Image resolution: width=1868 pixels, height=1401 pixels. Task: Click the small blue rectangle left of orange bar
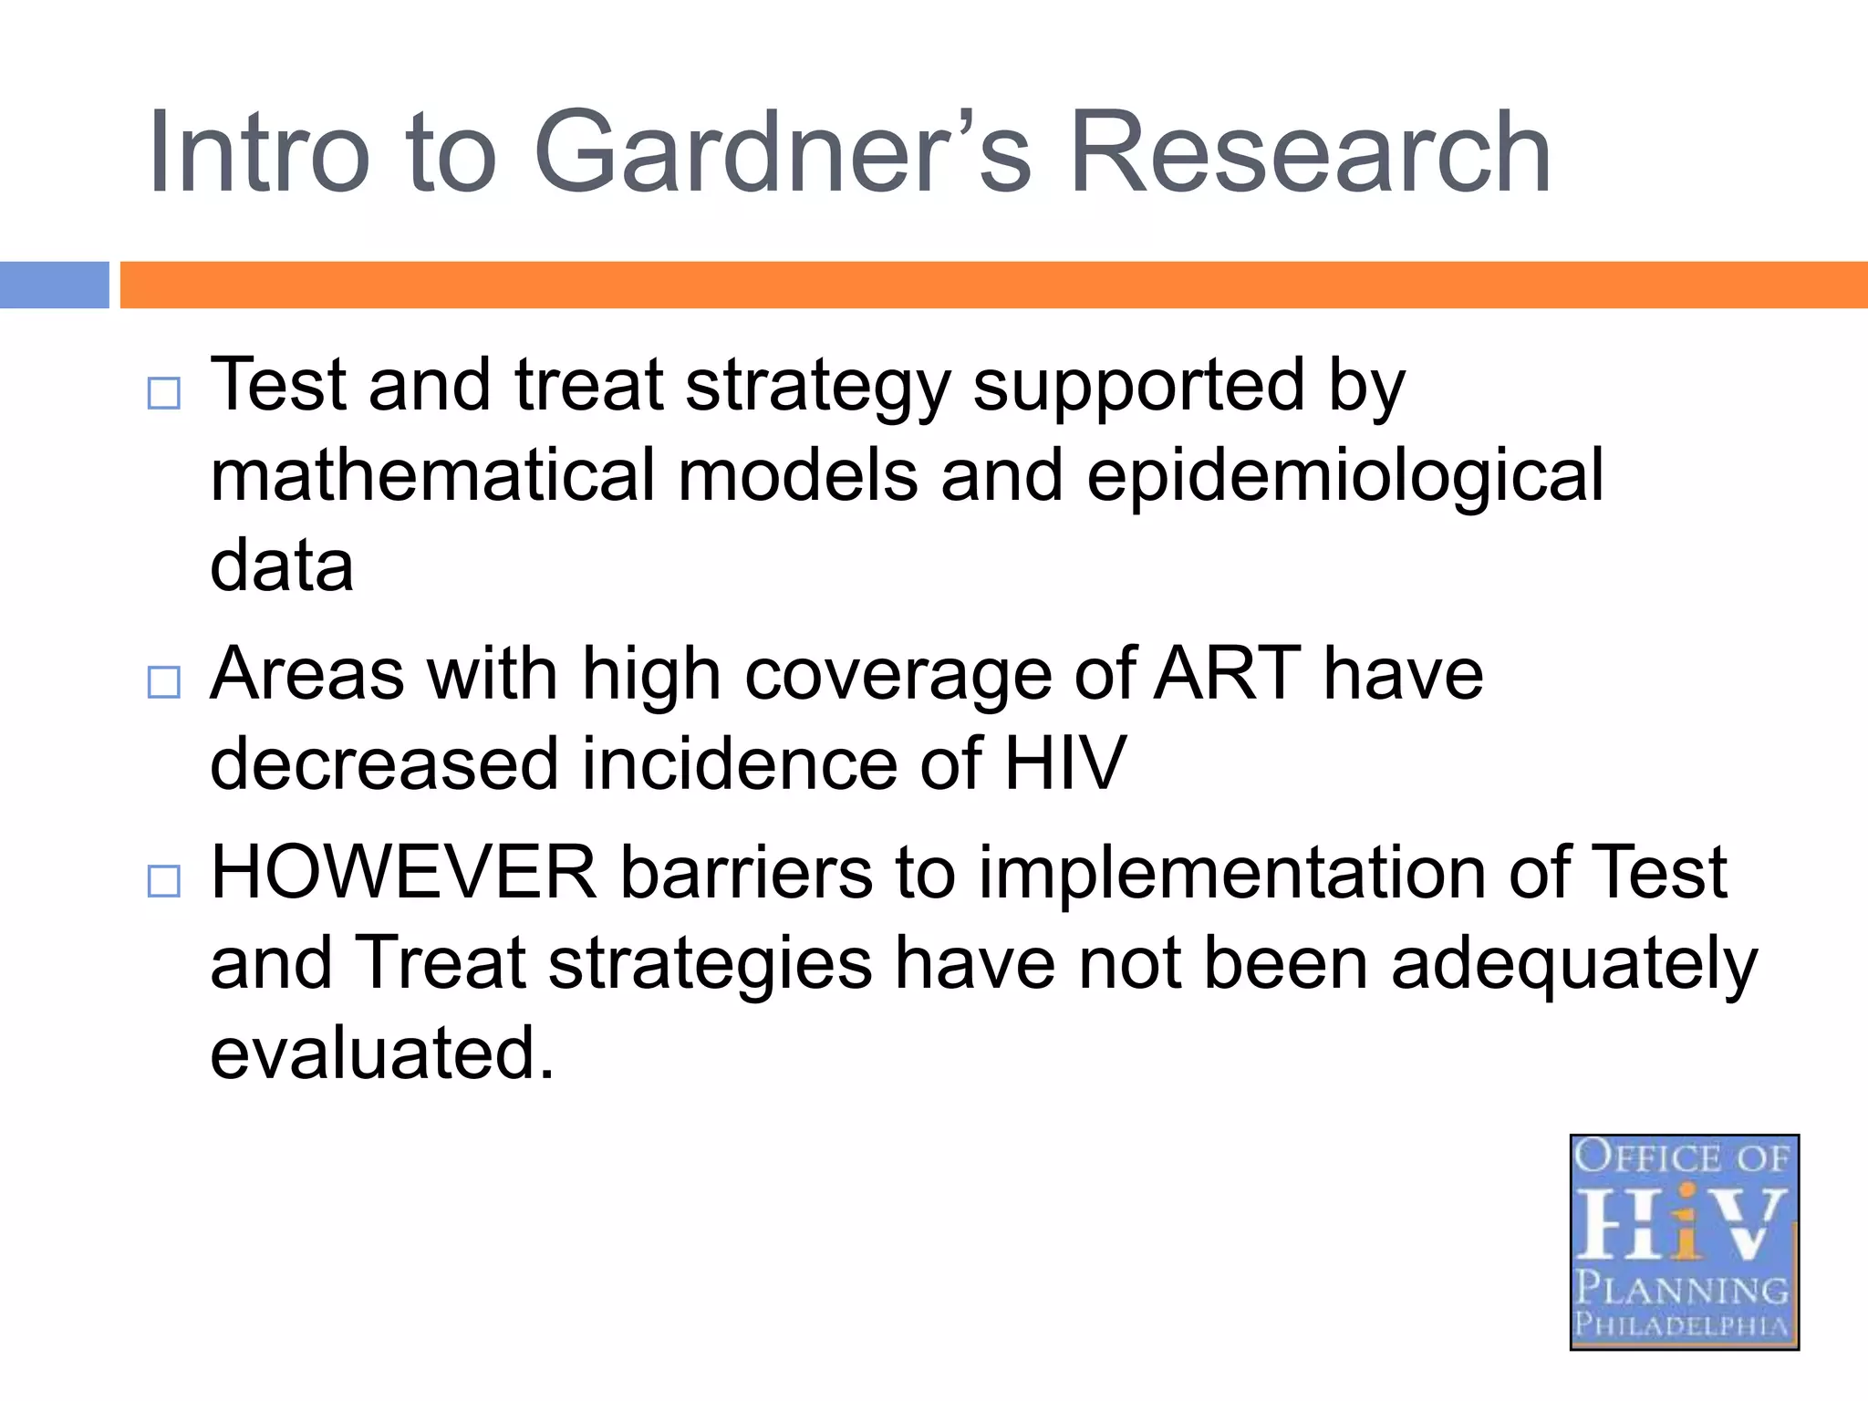(54, 285)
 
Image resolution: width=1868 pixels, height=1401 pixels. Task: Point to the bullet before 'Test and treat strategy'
(164, 394)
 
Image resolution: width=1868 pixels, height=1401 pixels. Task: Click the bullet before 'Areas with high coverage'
(164, 681)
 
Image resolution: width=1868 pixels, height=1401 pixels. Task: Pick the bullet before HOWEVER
(164, 881)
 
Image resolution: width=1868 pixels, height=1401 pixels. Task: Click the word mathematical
(432, 475)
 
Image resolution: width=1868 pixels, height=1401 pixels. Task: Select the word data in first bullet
(281, 566)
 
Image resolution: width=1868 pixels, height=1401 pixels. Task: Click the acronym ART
(1227, 673)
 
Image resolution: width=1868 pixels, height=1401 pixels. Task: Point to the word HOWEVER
(403, 873)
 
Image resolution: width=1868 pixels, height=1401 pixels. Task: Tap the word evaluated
(381, 1053)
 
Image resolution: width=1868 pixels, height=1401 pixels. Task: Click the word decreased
(383, 763)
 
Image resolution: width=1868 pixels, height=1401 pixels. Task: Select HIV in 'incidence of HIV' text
(1064, 763)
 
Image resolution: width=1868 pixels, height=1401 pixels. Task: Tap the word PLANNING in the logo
(1683, 1289)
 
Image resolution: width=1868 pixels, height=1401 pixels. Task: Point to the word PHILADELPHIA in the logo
(1683, 1323)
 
